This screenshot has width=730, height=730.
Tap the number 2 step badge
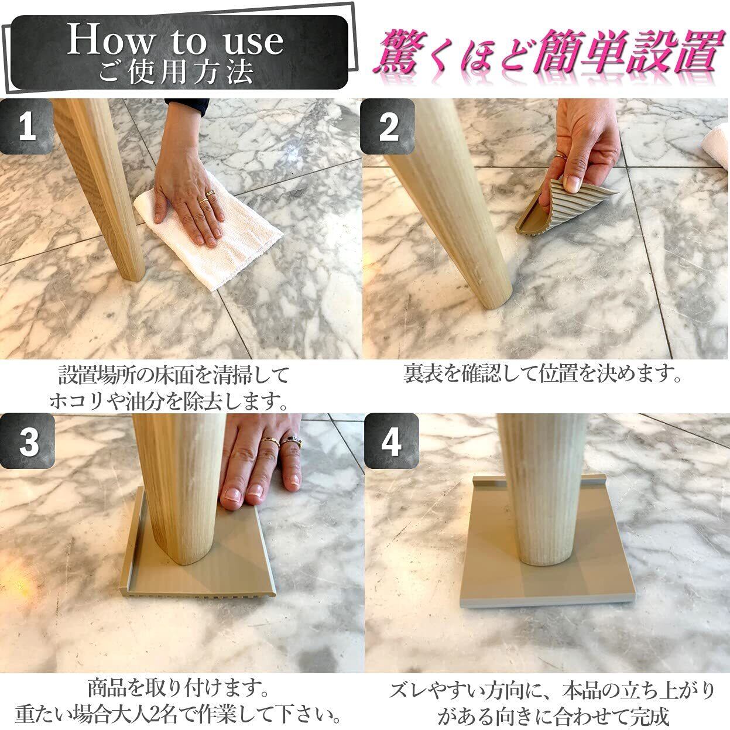tap(388, 126)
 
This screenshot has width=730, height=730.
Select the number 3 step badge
tap(28, 441)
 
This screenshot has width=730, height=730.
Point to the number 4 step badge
tap(391, 441)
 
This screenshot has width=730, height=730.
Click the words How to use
tap(175, 41)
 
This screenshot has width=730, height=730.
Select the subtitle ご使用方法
tap(176, 72)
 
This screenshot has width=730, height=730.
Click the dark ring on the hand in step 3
tap(291, 441)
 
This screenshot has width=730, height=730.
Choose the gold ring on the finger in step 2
tap(561, 156)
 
